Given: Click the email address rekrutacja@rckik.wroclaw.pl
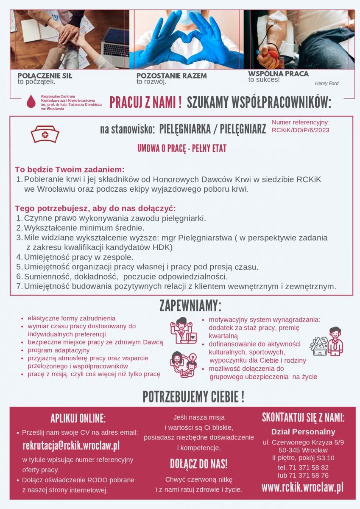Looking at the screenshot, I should click(x=71, y=446).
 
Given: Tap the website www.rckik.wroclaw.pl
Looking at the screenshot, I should click(x=302, y=487).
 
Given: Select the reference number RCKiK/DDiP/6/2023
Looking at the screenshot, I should click(x=300, y=130).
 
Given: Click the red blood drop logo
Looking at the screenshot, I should click(x=31, y=102).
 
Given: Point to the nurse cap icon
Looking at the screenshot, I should click(x=45, y=134).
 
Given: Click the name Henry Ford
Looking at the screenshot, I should click(x=327, y=84).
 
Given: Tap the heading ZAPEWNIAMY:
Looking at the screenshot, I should click(x=190, y=306).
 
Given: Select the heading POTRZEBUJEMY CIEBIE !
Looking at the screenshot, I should click(x=193, y=397).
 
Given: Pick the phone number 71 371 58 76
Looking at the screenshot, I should click(x=308, y=475).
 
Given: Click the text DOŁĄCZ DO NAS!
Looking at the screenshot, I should click(x=199, y=464).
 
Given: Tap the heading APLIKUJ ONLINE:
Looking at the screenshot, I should click(x=78, y=418).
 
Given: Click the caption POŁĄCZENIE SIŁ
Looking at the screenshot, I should click(x=45, y=76).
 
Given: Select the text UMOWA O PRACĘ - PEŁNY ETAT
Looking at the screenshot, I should click(x=182, y=148).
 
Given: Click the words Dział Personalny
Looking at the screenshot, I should click(x=303, y=432).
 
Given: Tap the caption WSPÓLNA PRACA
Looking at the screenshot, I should click(x=278, y=73).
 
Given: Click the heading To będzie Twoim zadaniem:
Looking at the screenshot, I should click(x=70, y=169).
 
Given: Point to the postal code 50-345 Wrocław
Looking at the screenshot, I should click(x=303, y=450).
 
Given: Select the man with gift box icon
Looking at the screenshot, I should click(x=327, y=341).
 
